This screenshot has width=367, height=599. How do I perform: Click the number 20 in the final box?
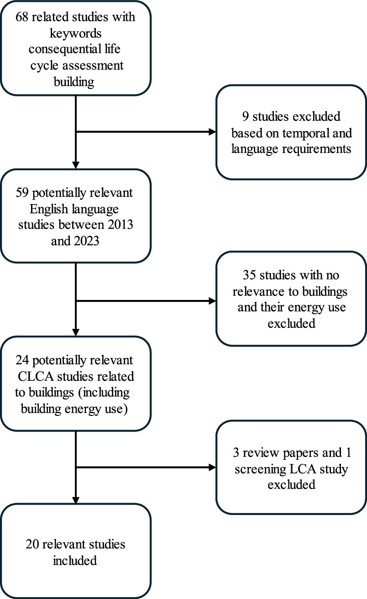37,544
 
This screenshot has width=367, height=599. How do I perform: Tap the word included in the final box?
76,561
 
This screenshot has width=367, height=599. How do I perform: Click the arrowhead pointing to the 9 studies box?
212,132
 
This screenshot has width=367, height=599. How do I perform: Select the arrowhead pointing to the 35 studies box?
212,300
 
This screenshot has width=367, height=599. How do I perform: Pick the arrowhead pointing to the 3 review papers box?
212,467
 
